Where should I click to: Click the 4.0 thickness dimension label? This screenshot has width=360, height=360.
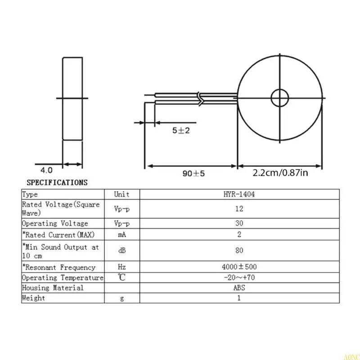[x=47, y=170]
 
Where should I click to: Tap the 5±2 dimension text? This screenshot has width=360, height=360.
[x=182, y=130]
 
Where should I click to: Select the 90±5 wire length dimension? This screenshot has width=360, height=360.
[x=193, y=173]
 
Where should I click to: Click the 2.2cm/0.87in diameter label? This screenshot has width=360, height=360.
[x=280, y=172]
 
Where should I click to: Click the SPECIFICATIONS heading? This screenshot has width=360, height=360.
[x=57, y=183]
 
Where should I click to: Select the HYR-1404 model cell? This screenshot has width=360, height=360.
[x=239, y=194]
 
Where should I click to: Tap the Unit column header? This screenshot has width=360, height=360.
[x=121, y=194]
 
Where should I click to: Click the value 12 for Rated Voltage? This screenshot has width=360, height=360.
[x=239, y=209]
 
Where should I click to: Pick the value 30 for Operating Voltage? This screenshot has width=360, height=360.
[x=239, y=224]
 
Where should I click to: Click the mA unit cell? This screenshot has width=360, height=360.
[x=121, y=234]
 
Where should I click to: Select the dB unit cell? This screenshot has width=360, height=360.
[x=121, y=251]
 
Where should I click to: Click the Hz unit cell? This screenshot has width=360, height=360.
[x=121, y=267]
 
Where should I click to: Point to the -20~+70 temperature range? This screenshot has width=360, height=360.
[x=239, y=278]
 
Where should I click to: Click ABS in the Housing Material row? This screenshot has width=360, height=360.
[x=239, y=288]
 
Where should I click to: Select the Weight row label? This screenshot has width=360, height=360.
[x=34, y=298]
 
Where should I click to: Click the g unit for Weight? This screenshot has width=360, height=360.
[x=121, y=298]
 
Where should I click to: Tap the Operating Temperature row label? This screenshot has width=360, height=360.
[x=63, y=278]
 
